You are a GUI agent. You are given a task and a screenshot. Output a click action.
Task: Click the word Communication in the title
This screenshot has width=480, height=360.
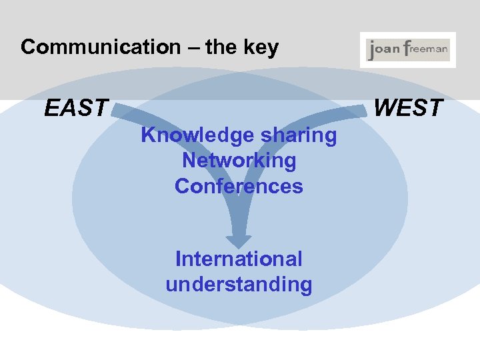tap(101, 47)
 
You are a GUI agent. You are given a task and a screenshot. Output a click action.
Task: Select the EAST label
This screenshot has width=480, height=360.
tap(76, 107)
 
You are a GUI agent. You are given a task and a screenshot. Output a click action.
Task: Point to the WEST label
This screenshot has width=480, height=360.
tap(408, 107)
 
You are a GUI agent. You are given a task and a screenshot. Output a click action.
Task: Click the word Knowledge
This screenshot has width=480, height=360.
tap(198, 136)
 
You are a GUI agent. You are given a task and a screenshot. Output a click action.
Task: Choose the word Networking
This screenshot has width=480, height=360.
tap(239, 161)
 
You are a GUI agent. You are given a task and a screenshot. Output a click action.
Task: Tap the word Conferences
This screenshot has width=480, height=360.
tap(239, 186)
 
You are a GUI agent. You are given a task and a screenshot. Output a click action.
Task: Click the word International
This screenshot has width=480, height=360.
tap(239, 259)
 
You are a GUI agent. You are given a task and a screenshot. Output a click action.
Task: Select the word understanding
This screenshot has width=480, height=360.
tap(239, 285)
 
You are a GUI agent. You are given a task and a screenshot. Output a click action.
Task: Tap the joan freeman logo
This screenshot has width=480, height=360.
tap(408, 50)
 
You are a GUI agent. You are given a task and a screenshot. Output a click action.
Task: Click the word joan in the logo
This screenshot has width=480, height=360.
tap(385, 50)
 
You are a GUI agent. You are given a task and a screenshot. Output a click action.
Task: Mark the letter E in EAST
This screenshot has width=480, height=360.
tap(51, 107)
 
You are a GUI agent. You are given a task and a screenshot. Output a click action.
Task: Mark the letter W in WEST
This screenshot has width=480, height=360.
tap(385, 107)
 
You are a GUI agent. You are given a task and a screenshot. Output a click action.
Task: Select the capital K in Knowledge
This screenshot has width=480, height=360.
tap(148, 136)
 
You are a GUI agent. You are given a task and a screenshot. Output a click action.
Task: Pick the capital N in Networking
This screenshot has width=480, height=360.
tap(189, 161)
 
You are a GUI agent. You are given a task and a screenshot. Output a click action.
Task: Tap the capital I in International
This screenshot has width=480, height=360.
tap(178, 259)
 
